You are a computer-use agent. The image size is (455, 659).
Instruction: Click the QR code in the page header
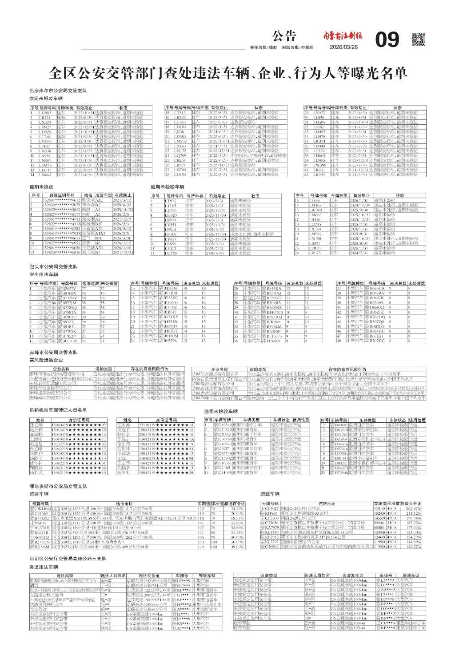click(x=419, y=40)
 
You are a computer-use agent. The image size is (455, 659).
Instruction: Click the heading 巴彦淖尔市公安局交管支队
click(x=58, y=91)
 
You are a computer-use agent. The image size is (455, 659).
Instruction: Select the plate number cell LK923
click(x=319, y=175)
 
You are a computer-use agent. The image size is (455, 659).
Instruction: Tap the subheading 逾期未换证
click(x=41, y=187)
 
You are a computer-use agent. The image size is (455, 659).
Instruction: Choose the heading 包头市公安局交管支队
click(x=53, y=267)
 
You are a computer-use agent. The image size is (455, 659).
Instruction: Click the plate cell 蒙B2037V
click(x=67, y=288)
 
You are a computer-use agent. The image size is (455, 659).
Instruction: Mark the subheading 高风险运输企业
click(x=46, y=360)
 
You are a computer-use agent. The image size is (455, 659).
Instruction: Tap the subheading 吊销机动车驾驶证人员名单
click(x=58, y=410)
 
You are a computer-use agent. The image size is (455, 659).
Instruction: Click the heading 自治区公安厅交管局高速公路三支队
click(x=68, y=558)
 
